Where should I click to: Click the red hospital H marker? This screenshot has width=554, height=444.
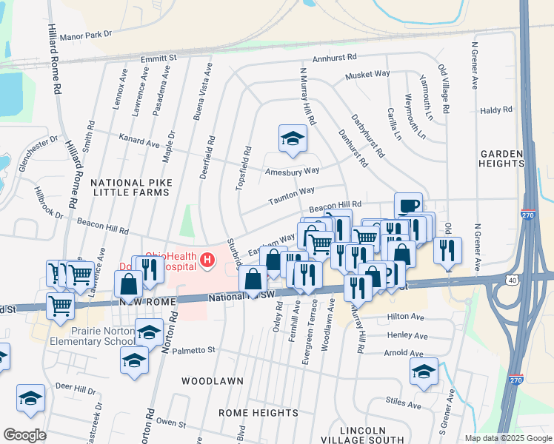207,260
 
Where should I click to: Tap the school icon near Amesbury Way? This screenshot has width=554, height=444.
293,138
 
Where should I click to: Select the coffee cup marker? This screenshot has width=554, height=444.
407,206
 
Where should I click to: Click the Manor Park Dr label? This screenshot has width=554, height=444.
86,34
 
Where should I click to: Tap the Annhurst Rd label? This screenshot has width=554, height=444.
335,56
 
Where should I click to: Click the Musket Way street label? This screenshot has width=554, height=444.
368,74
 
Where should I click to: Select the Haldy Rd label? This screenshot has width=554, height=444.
496,110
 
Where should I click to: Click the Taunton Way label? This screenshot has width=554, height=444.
272,190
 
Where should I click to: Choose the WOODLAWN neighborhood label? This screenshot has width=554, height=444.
213,380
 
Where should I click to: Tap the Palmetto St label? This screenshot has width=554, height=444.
195,349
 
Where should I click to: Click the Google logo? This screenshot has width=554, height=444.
24,435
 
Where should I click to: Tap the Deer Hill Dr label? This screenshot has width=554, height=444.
76,388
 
